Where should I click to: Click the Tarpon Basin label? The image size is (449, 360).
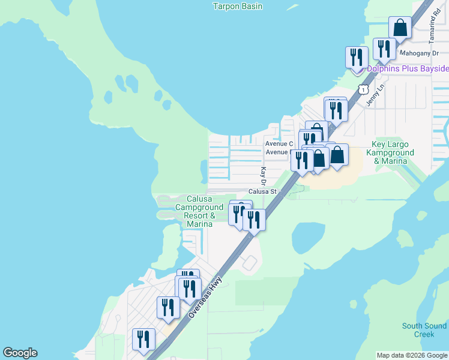(x=238, y=6)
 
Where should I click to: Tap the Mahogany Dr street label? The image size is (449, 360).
(x=420, y=53)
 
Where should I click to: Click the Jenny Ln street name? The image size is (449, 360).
(x=375, y=95)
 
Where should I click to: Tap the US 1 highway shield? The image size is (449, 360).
(x=363, y=89)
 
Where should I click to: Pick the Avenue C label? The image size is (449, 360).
(x=279, y=143)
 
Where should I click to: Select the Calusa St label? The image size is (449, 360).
(x=263, y=191)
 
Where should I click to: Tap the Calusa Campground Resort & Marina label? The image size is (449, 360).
(x=200, y=211)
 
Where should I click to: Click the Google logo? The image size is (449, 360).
(x=20, y=353)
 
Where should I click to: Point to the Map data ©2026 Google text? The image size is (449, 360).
(x=412, y=355)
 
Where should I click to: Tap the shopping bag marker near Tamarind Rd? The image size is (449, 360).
(x=400, y=28)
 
